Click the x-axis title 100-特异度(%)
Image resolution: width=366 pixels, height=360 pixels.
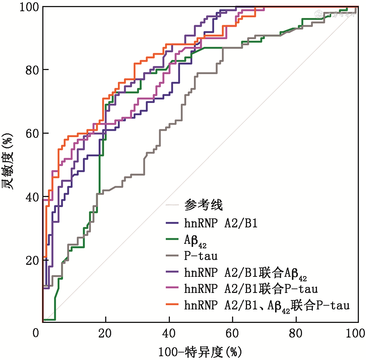(x=200, y=352)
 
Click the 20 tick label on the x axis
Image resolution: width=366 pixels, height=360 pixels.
(x=106, y=333)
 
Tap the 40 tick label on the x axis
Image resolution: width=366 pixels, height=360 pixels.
(x=169, y=333)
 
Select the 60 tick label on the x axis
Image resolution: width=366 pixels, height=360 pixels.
(x=232, y=333)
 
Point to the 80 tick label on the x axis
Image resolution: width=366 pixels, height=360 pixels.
(x=296, y=333)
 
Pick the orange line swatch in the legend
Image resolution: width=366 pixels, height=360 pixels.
(x=173, y=305)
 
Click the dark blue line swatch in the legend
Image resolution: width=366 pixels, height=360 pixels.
(x=173, y=224)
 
